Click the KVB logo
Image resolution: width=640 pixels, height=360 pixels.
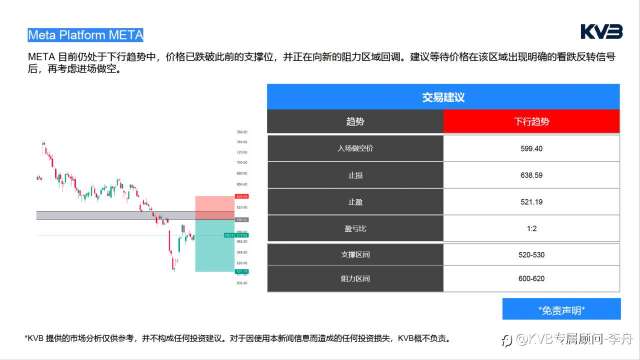click(x=601, y=32)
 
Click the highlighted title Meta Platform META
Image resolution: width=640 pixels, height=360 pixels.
click(x=85, y=35)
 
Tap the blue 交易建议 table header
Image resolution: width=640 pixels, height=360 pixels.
click(x=443, y=97)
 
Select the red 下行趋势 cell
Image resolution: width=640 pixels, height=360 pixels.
click(x=531, y=121)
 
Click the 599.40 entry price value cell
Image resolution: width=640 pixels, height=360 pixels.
click(x=531, y=148)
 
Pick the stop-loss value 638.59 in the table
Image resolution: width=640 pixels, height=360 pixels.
click(x=531, y=175)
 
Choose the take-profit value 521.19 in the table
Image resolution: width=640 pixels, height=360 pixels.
click(x=531, y=202)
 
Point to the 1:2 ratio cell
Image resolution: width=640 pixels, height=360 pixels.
click(x=531, y=228)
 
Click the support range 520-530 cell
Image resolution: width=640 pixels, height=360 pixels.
click(x=531, y=254)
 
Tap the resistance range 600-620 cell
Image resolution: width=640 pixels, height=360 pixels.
click(x=531, y=278)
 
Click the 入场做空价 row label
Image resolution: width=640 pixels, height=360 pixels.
click(x=355, y=148)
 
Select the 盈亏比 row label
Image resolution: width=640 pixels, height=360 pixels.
click(x=355, y=228)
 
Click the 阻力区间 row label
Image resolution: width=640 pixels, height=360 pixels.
click(x=355, y=278)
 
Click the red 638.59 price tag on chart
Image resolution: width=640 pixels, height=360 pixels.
click(x=242, y=196)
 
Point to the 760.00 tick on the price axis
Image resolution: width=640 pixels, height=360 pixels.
click(x=242, y=132)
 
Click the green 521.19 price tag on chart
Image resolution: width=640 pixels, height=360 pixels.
click(x=242, y=271)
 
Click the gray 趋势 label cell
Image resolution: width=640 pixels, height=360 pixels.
click(x=355, y=121)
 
